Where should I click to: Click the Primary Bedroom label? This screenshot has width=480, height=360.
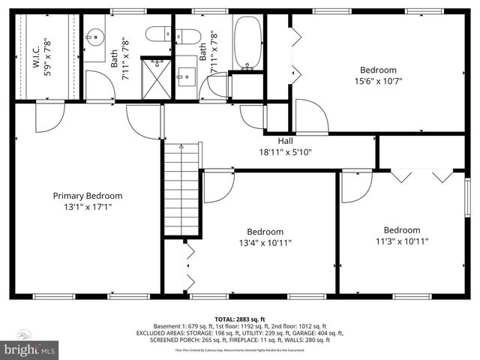click(x=87, y=196)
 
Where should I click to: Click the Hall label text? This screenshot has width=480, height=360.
click(x=285, y=140)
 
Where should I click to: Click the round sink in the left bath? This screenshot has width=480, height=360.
click(x=95, y=36)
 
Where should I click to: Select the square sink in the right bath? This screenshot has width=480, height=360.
click(x=187, y=74)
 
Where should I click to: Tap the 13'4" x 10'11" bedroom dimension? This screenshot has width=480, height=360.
click(x=265, y=242)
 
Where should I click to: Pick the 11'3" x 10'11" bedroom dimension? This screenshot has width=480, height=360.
click(x=401, y=241)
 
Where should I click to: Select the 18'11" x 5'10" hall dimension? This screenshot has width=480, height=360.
click(x=285, y=151)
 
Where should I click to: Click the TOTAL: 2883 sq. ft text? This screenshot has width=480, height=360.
click(x=240, y=319)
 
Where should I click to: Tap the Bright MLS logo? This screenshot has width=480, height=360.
click(x=31, y=349)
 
